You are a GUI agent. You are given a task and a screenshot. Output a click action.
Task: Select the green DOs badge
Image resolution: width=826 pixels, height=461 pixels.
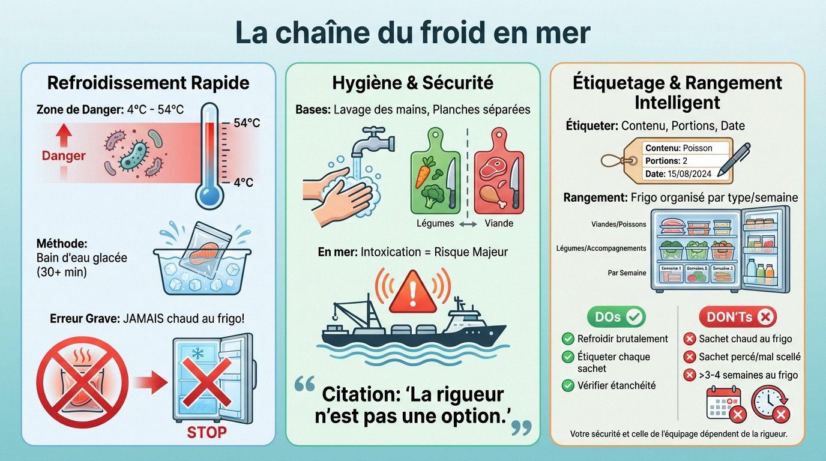pyautogui.click(x=616, y=316)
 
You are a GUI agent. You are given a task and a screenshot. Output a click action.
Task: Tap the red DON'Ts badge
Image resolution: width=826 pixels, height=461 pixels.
pyautogui.click(x=737, y=316)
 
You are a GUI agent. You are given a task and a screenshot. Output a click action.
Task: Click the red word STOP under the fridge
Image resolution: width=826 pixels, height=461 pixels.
pyautogui.click(x=207, y=432)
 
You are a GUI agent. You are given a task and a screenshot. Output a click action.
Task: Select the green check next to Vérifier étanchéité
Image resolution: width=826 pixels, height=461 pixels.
pyautogui.click(x=567, y=385)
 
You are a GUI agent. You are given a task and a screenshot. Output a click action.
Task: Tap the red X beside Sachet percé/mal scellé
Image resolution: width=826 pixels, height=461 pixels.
pyautogui.click(x=690, y=357)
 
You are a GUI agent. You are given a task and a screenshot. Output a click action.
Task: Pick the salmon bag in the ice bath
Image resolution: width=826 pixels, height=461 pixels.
pyautogui.click(x=202, y=247)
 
